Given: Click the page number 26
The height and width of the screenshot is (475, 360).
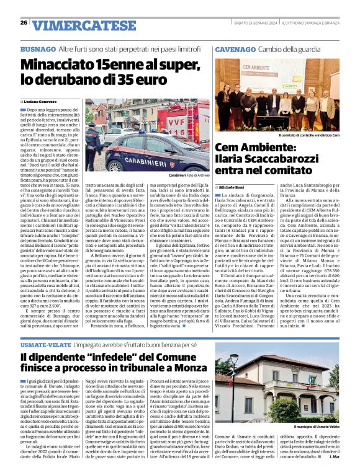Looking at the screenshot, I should pyautogui.click(x=24, y=23).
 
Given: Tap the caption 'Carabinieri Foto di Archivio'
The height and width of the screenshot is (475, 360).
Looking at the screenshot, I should pyautogui.click(x=184, y=176).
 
